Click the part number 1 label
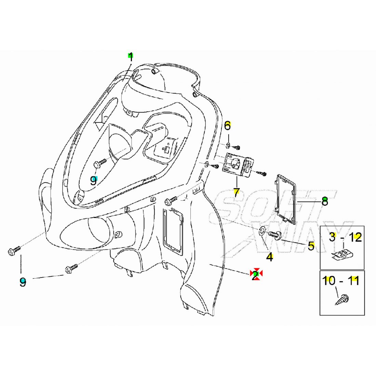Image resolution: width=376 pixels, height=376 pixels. click(x=131, y=57)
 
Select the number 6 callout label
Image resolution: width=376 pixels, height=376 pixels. click(x=228, y=126)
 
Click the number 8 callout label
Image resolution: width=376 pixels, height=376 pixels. click(x=325, y=201)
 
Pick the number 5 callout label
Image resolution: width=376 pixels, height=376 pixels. click(x=311, y=246)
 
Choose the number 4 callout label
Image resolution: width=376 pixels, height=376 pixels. click(x=270, y=257)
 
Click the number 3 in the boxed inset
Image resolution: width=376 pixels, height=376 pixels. click(x=332, y=237)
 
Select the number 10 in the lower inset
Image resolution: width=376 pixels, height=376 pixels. click(x=329, y=281)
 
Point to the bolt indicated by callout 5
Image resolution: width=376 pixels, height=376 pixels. click(x=275, y=235)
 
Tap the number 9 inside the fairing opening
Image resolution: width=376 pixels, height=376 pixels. click(x=94, y=180)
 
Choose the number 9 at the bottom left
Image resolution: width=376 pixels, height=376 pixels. click(x=23, y=282)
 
